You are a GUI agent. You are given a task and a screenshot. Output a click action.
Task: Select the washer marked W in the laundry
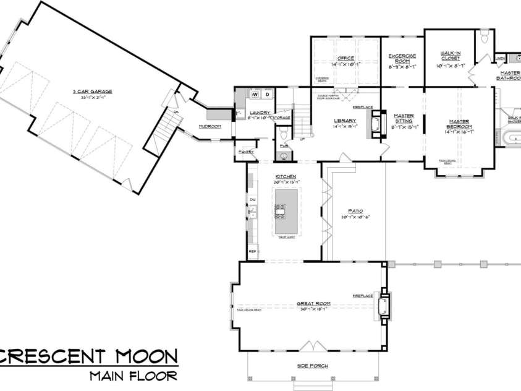255,95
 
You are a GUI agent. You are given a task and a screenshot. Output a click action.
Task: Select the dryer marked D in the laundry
267,95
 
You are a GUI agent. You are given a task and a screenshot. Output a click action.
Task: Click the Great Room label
313,304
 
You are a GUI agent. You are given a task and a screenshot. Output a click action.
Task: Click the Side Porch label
313,366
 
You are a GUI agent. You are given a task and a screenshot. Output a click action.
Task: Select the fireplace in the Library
373,126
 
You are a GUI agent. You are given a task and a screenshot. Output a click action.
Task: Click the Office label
345,58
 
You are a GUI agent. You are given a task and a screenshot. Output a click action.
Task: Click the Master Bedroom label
460,123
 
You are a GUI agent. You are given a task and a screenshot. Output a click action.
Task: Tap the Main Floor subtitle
133,375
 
